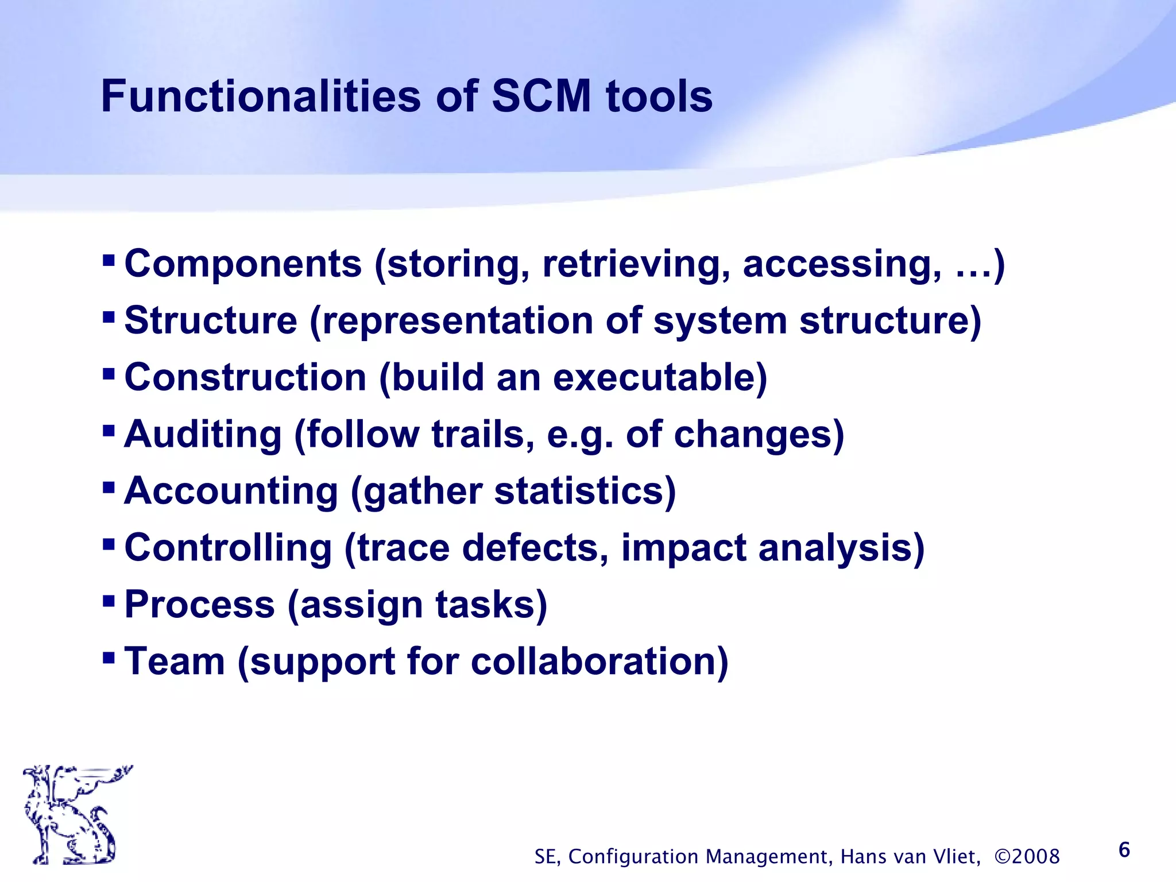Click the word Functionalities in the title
coord(261,96)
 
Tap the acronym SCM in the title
coord(541,96)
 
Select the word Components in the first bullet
coord(243,264)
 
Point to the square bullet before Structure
coord(109,317)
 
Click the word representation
coord(458,320)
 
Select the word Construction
coord(245,377)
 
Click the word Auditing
coord(203,434)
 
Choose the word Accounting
coord(231,491)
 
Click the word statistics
coord(584,491)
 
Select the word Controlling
coord(228,548)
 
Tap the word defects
coord(534,548)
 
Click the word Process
coord(199,605)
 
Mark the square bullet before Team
coord(109,656)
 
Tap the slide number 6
coord(1124,850)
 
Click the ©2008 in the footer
coord(1027,856)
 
